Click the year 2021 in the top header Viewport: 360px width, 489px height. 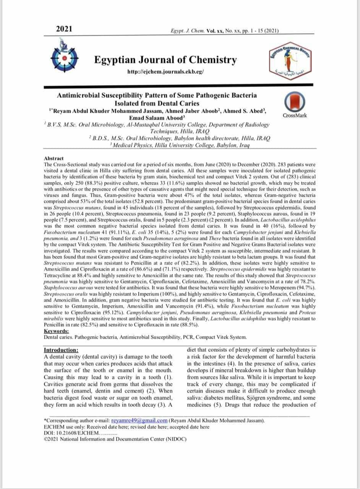pos(64,29)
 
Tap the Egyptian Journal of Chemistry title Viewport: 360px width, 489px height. pos(165,60)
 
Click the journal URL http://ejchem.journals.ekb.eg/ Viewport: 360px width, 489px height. pos(165,72)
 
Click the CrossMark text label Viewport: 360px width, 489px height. pos(295,115)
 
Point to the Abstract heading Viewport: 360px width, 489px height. pos(54,158)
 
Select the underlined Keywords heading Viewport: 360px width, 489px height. pos(57,331)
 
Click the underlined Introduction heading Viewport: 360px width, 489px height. pos(62,350)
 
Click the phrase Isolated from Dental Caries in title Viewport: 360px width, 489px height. pos(157,103)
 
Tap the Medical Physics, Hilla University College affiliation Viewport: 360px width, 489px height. pos(180,146)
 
